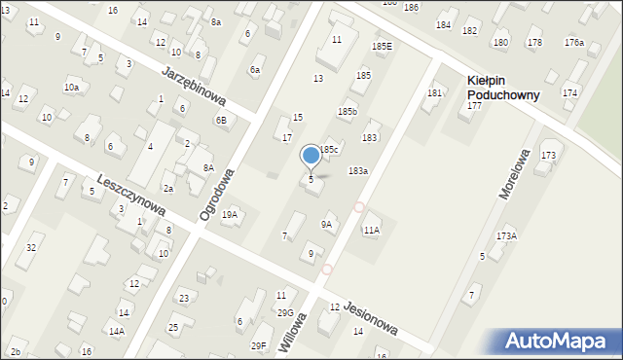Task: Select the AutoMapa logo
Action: (558, 341)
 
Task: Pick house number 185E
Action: (382, 46)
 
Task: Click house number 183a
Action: (358, 170)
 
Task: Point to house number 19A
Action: (230, 214)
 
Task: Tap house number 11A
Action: (371, 231)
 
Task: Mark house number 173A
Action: (506, 236)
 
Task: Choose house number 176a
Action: (573, 42)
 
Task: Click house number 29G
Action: (285, 312)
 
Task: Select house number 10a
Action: (71, 88)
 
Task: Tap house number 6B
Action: (221, 121)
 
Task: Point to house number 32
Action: (31, 248)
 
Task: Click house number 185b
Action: (348, 112)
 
